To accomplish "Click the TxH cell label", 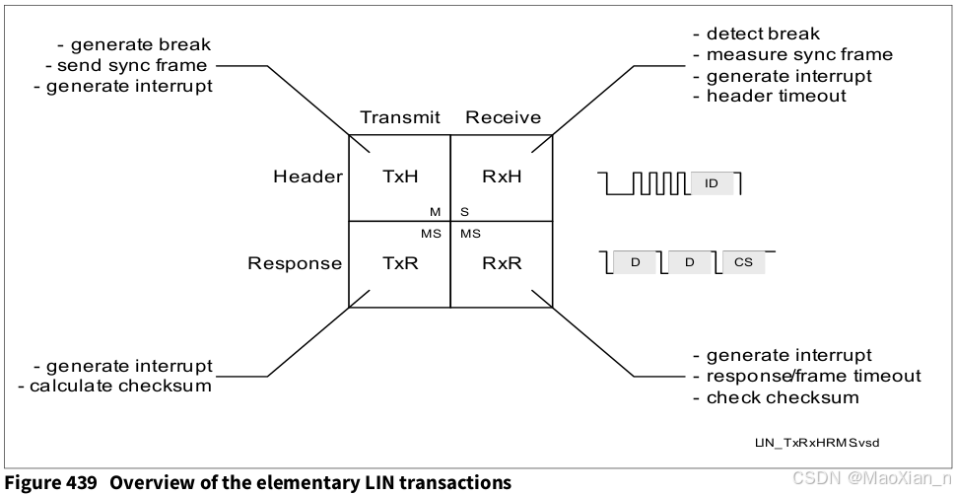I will tap(400, 177).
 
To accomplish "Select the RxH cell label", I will tap(502, 177).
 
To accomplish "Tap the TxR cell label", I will tap(400, 263).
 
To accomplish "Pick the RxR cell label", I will tap(502, 263).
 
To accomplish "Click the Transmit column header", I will tap(400, 118).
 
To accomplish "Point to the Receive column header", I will tap(503, 118).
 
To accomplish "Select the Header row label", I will tap(308, 177).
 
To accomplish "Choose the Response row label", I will tap(295, 263).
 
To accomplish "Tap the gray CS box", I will tap(743, 262).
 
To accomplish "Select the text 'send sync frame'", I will tap(135, 66).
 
